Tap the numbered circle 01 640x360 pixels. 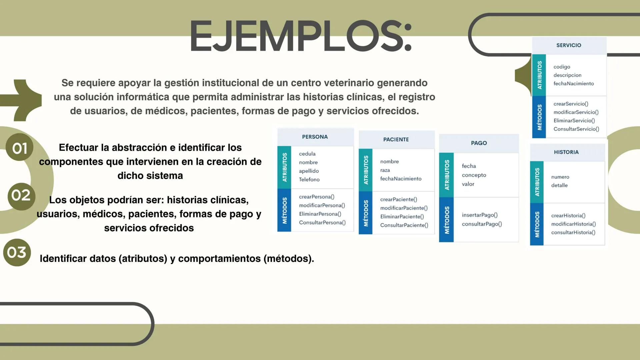point(19,148)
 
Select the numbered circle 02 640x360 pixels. point(21,196)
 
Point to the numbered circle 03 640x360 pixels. point(17,252)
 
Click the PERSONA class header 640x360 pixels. point(315,137)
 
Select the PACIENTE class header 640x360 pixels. point(396,140)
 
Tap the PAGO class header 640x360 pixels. point(479,143)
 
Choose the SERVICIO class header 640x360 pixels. point(569,45)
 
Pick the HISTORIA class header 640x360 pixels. point(566,152)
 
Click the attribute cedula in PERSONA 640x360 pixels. point(307,154)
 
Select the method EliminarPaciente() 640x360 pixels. point(402,217)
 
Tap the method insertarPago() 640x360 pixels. point(480,215)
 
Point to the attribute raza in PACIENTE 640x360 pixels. point(385,170)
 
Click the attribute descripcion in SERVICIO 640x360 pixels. point(567,75)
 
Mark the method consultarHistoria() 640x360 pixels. point(573,233)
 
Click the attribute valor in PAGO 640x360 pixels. point(468,184)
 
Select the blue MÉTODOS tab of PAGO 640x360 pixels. point(447,220)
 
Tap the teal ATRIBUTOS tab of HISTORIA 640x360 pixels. point(537,182)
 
